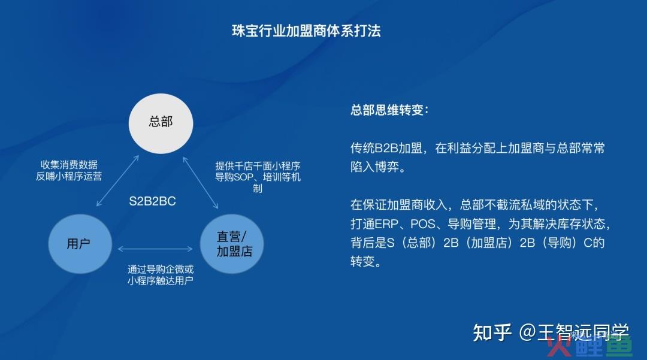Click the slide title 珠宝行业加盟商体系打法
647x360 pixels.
[306, 31]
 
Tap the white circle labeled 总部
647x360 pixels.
[161, 123]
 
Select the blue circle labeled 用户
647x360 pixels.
[80, 244]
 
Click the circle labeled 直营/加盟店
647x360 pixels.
[232, 244]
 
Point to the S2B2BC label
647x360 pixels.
[152, 201]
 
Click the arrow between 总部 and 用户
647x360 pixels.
[117, 181]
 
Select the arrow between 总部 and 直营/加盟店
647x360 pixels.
[201, 183]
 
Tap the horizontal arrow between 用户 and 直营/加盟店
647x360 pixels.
[155, 249]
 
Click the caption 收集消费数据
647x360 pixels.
[69, 165]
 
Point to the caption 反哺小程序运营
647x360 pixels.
[69, 177]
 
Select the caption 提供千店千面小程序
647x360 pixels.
[258, 166]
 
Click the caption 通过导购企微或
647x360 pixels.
[161, 270]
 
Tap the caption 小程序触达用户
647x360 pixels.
[161, 281]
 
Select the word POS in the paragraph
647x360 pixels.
[423, 224]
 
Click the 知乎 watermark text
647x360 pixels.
[492, 332]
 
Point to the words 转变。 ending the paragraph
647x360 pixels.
[365, 261]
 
